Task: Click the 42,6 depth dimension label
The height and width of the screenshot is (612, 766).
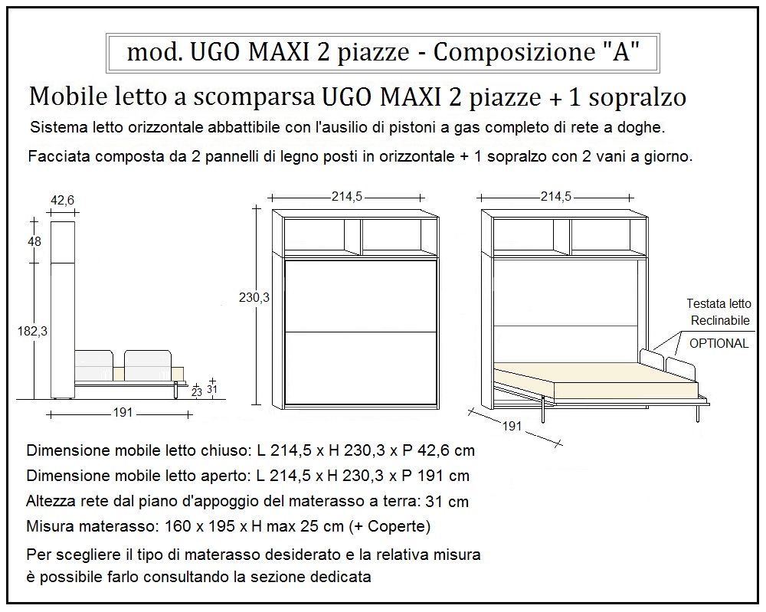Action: [x=62, y=201]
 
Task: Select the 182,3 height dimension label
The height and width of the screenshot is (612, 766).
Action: [x=32, y=331]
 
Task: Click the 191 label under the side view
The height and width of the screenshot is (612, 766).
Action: [x=123, y=413]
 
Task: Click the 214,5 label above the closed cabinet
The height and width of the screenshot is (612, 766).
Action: [x=346, y=197]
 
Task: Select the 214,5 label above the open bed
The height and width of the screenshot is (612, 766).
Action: [x=555, y=197]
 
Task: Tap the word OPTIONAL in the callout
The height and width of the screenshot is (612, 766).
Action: [x=719, y=343]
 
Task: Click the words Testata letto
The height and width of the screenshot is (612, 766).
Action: [x=719, y=303]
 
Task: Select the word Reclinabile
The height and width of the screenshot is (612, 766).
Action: [x=719, y=320]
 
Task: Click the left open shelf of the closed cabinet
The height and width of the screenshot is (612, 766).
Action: [x=313, y=237]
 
